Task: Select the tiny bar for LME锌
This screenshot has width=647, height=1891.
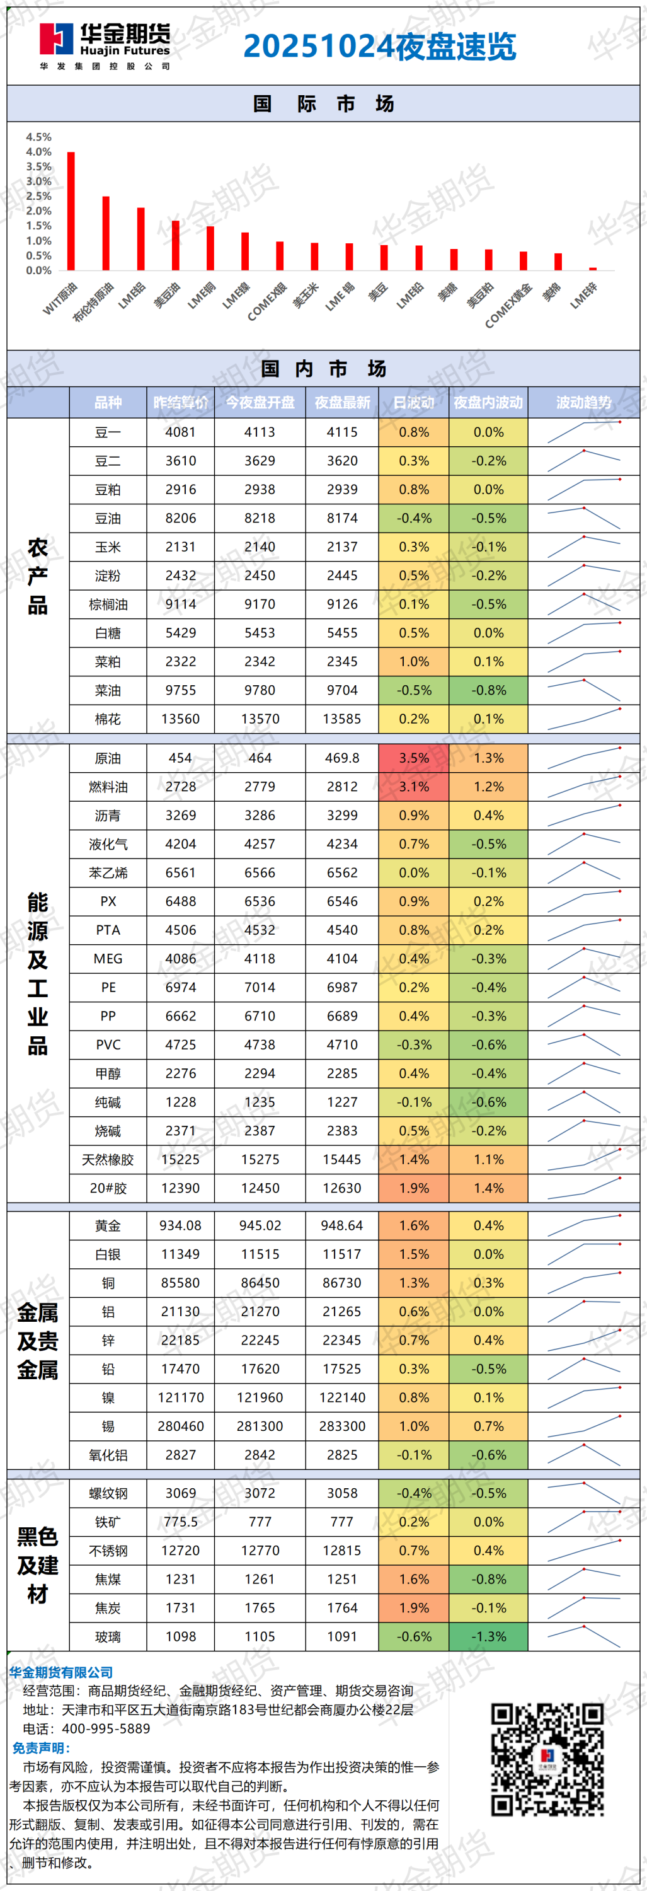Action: (x=593, y=269)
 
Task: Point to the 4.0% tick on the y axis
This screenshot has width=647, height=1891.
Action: (x=39, y=152)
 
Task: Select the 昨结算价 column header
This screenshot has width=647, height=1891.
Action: (x=180, y=402)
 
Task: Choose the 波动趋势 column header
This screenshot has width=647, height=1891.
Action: (x=583, y=402)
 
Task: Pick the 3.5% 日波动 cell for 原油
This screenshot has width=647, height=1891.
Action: (x=414, y=758)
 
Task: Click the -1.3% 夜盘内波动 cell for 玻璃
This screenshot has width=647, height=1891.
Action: (x=488, y=1636)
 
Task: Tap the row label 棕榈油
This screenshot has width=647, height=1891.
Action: (x=108, y=604)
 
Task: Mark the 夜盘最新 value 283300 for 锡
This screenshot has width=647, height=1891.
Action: (x=342, y=1426)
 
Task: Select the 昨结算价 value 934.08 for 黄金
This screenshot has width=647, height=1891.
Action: (x=180, y=1225)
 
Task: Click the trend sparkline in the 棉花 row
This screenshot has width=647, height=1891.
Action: (x=584, y=719)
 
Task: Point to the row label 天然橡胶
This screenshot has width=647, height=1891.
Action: (x=108, y=1160)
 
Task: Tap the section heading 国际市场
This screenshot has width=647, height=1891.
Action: (x=324, y=103)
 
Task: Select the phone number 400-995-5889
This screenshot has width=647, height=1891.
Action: (x=106, y=1729)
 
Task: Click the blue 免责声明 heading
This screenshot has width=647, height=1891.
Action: (x=41, y=1748)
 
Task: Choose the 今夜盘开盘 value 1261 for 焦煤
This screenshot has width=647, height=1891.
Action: (x=260, y=1579)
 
